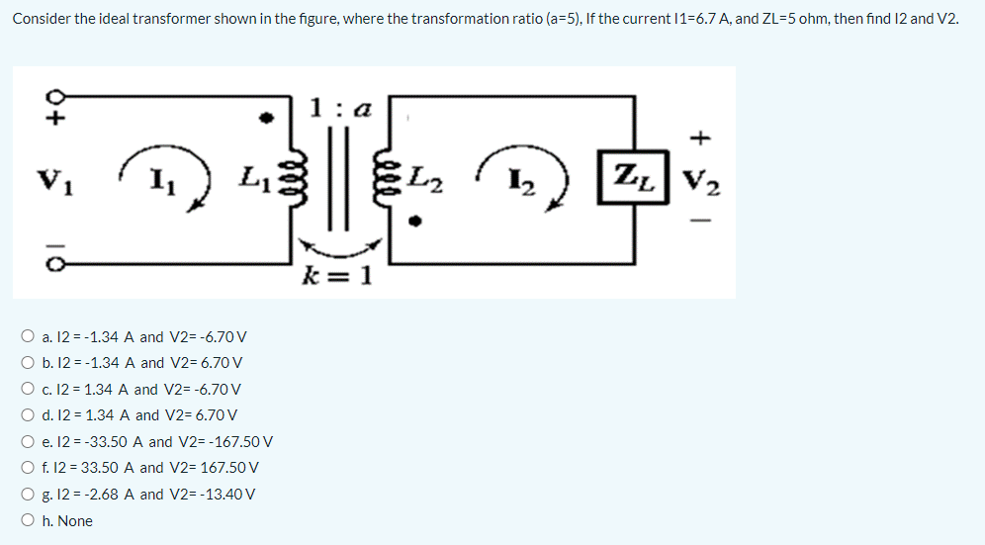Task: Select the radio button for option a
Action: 29,337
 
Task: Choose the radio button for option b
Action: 29,363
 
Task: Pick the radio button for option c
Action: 29,390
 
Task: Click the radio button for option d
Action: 29,415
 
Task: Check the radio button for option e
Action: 29,442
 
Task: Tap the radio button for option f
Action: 29,468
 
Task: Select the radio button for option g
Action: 29,495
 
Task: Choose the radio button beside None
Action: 29,520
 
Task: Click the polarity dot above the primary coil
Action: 264,117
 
